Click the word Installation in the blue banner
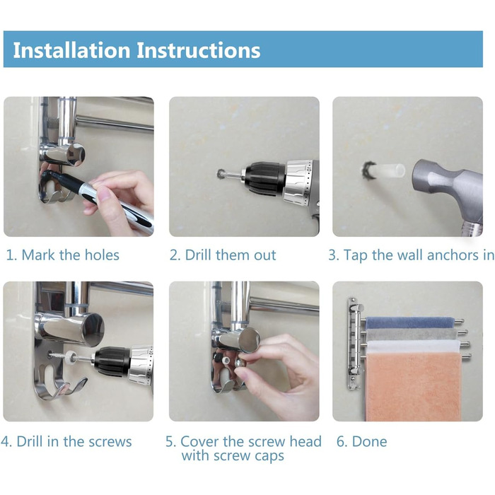(x=71, y=50)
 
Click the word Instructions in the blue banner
(x=198, y=50)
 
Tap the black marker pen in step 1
(x=98, y=198)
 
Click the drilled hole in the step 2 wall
(x=221, y=173)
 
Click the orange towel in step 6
(x=413, y=387)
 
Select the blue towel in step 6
(x=409, y=323)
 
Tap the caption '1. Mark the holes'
(x=62, y=255)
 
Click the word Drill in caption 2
(x=199, y=255)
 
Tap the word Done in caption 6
(x=369, y=441)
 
